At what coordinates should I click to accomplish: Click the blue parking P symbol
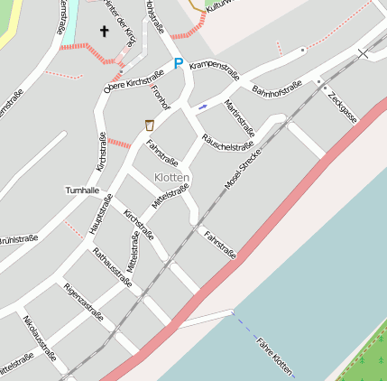(x=178, y=64)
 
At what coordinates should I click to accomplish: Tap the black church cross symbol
(x=104, y=33)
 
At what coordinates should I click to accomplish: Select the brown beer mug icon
(x=148, y=124)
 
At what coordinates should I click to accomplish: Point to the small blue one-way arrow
(x=202, y=106)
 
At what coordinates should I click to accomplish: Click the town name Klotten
(x=171, y=178)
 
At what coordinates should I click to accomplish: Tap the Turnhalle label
(x=82, y=191)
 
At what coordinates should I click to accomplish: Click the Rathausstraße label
(x=112, y=266)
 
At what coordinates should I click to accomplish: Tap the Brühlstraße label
(x=18, y=239)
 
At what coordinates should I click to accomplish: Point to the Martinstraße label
(x=239, y=117)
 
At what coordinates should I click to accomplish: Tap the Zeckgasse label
(x=343, y=107)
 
